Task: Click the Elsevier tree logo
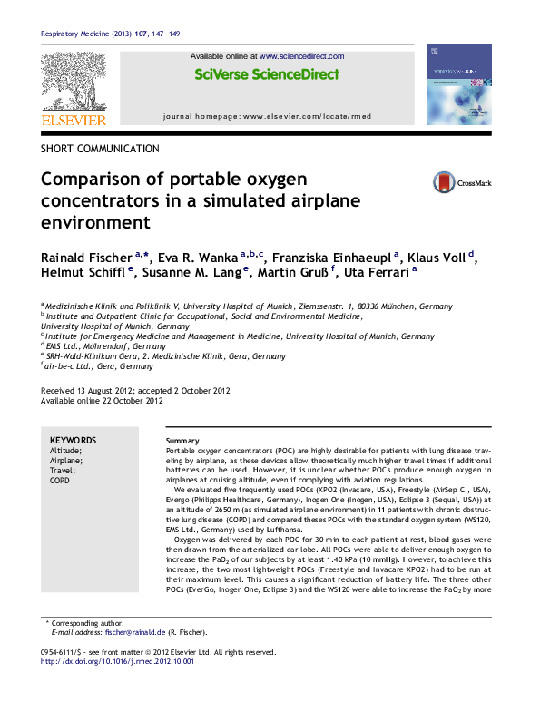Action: click(x=74, y=83)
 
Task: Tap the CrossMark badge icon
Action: click(x=445, y=182)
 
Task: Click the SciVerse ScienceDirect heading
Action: click(x=267, y=74)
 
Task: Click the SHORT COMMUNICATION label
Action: click(x=101, y=149)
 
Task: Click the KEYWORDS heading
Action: click(x=73, y=440)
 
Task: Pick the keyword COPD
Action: click(x=59, y=482)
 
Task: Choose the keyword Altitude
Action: click(x=65, y=450)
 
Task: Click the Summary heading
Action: click(x=182, y=440)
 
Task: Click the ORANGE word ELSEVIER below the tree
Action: click(x=74, y=120)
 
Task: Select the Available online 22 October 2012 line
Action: click(x=103, y=400)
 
